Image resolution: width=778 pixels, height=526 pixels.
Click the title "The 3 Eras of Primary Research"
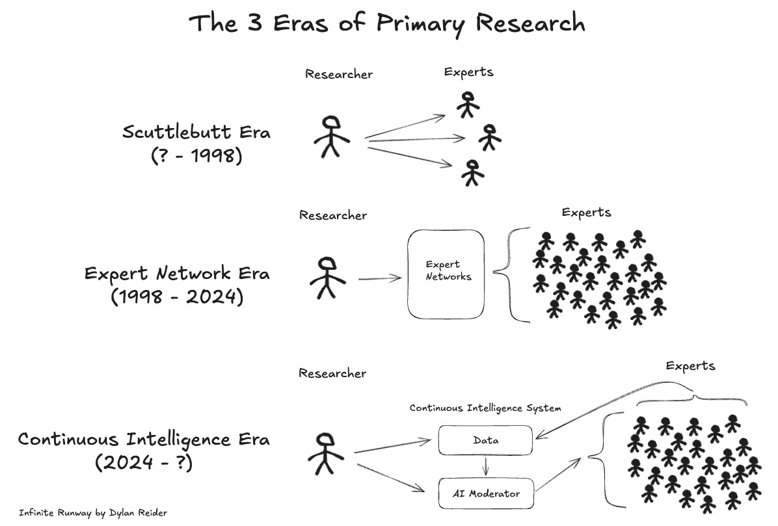coord(387,23)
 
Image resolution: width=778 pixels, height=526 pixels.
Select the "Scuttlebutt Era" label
coord(196,132)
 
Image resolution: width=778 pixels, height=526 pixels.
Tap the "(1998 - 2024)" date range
coord(176,297)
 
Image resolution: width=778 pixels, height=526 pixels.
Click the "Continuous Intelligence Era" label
coord(144,440)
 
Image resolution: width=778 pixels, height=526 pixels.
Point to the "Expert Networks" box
coord(446,273)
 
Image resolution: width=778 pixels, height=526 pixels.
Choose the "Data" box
coord(485,441)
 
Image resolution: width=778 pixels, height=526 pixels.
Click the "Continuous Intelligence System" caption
coord(485,408)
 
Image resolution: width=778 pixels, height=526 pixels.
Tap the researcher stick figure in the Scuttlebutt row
coord(331,137)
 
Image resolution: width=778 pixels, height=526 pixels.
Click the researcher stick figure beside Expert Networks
coord(327,278)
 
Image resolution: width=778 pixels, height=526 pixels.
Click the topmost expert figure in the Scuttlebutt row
coord(467,104)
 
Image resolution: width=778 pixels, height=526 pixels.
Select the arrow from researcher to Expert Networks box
coord(381,279)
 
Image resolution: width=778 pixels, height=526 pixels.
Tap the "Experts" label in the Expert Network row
coord(586,213)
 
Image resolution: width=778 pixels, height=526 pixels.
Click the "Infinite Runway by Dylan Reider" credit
coord(93,513)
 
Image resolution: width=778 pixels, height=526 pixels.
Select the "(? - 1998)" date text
coord(196,156)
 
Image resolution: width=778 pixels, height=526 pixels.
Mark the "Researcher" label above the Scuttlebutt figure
coord(339,74)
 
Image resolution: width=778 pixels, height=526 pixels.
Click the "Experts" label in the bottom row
coord(690,366)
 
